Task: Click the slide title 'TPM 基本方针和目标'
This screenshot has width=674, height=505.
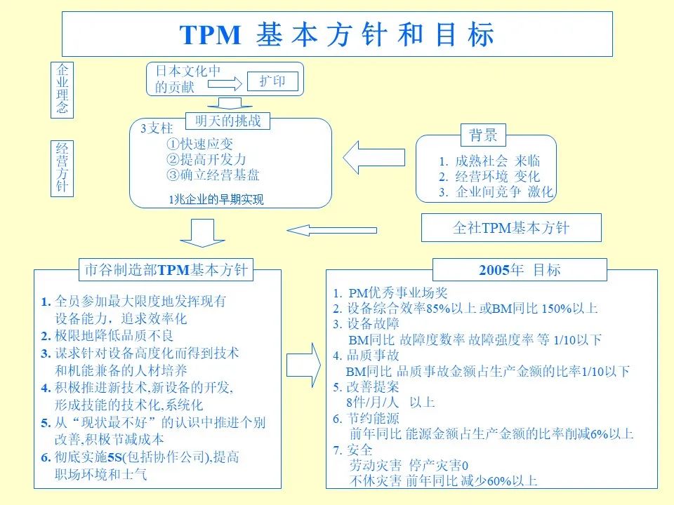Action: click(337, 34)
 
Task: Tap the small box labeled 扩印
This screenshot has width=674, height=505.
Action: click(272, 82)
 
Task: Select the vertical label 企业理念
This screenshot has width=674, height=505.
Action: click(63, 89)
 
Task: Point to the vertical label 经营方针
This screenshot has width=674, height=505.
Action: click(63, 168)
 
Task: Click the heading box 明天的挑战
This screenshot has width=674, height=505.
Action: click(227, 121)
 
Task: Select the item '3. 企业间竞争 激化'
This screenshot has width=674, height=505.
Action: click(496, 192)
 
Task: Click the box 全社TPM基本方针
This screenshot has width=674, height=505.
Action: click(511, 228)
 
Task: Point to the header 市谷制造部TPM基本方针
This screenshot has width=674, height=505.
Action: click(166, 270)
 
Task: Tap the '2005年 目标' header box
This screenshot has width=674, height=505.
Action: click(520, 270)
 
